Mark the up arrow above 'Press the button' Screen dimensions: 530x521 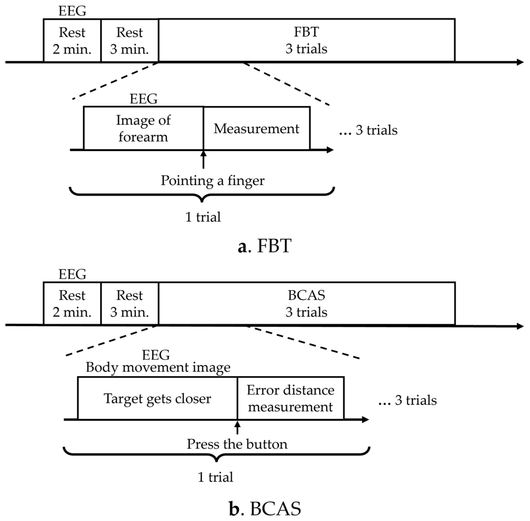click(x=237, y=427)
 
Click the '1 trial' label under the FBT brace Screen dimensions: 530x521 click(x=203, y=217)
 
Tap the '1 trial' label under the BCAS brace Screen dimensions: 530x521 click(x=216, y=477)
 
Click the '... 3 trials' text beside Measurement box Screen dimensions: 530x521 click(x=368, y=130)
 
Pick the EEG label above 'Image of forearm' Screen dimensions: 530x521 click(x=144, y=99)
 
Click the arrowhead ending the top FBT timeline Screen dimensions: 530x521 click(x=520, y=62)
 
